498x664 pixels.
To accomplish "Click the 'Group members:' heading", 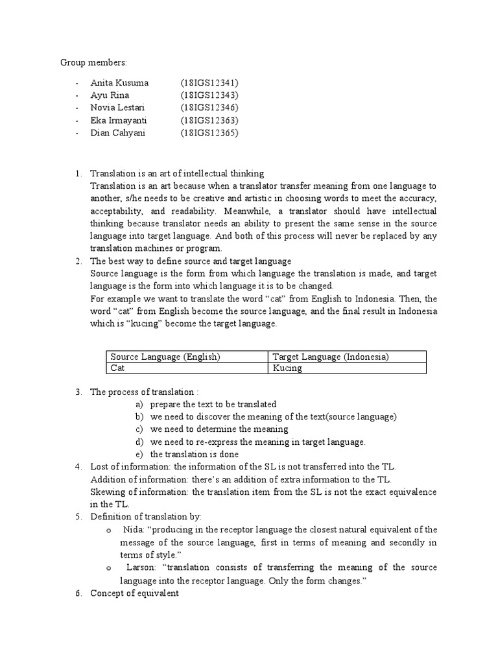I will [x=94, y=62].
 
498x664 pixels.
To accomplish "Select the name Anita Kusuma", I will [x=120, y=83].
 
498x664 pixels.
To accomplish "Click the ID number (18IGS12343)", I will [x=209, y=95].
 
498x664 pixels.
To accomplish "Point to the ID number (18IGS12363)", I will [x=209, y=121].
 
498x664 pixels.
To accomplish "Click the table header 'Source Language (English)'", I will [x=165, y=357].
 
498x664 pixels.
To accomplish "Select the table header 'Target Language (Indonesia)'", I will [x=330, y=357].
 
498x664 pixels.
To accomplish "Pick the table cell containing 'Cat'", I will [x=117, y=368].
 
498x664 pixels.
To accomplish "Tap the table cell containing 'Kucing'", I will [x=287, y=368].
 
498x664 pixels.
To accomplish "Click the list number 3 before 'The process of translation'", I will [x=78, y=392].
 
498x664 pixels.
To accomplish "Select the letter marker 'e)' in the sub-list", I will [x=139, y=455].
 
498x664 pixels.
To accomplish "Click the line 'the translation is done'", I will [x=195, y=455].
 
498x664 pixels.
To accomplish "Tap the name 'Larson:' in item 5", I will [x=137, y=567].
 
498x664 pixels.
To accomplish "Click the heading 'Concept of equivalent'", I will [x=134, y=593].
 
